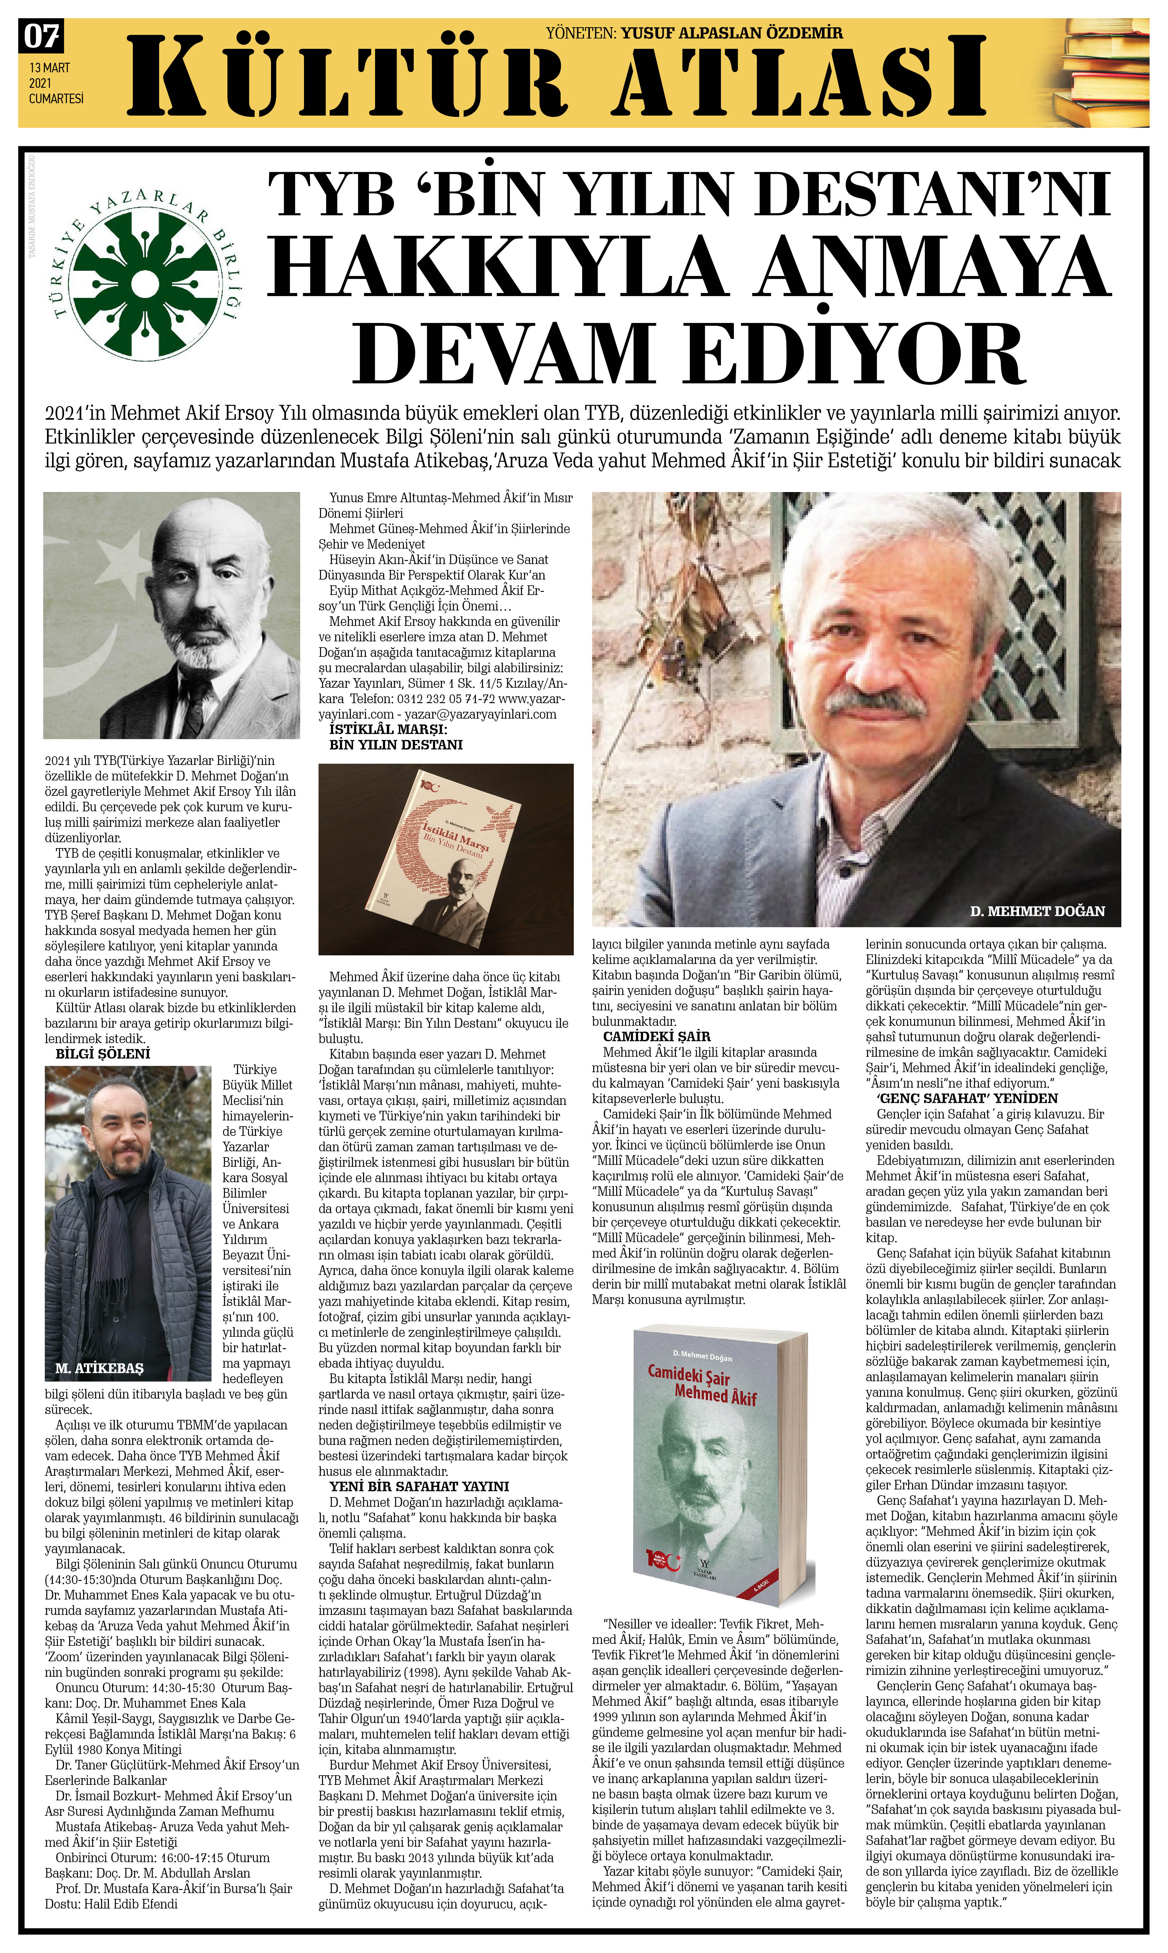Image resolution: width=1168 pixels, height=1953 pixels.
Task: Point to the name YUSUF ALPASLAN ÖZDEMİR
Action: click(x=731, y=33)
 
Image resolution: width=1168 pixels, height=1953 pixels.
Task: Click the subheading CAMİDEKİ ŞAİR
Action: click(x=656, y=1036)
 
